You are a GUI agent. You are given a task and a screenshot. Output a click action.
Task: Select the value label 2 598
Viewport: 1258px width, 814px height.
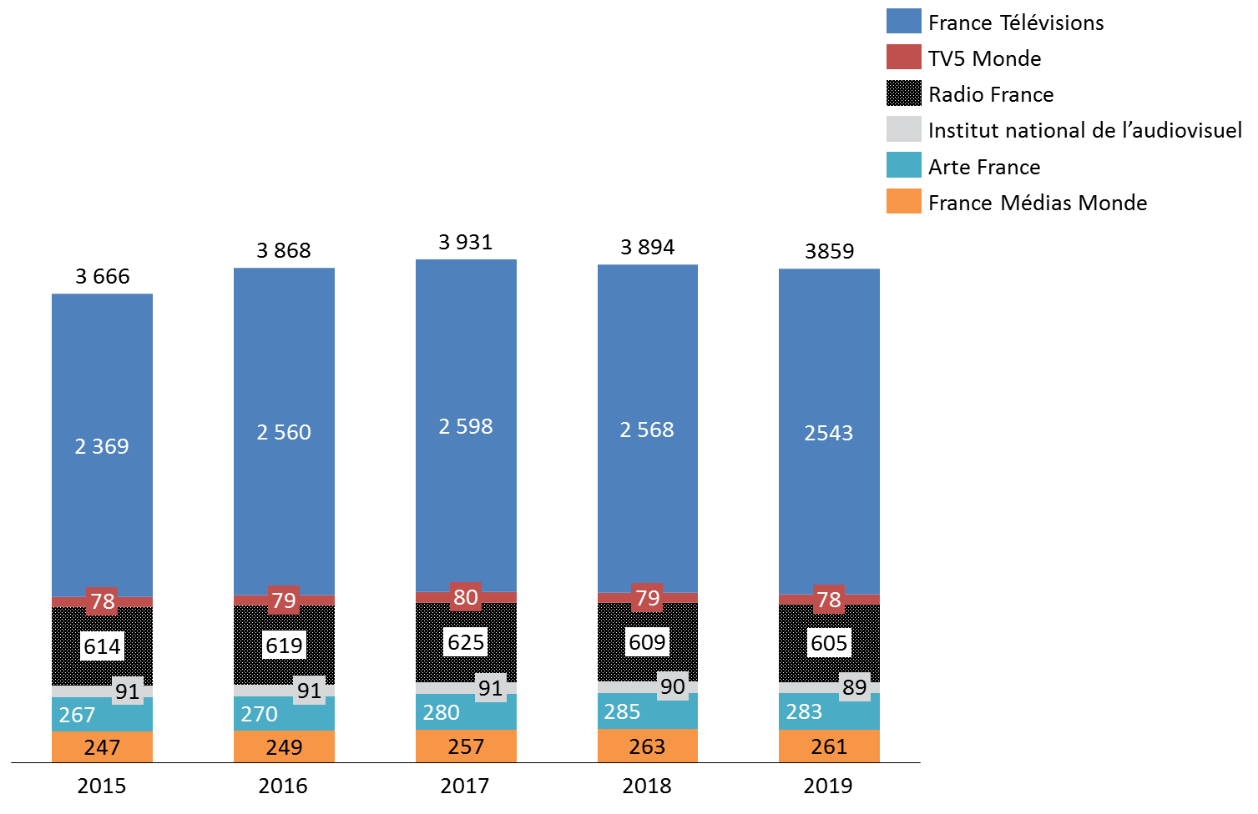coord(466,427)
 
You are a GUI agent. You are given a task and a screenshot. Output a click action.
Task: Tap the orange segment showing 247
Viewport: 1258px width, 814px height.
coord(102,747)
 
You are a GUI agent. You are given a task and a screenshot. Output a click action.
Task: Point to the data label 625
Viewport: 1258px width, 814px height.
coord(466,642)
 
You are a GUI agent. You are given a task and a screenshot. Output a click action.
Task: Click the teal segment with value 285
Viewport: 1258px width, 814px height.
coord(647,711)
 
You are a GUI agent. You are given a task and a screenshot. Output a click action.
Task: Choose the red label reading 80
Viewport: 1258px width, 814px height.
coord(466,597)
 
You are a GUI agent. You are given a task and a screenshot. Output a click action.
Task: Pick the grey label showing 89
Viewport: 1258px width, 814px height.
coord(854,687)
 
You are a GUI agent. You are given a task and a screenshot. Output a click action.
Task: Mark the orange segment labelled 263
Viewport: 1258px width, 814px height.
coord(647,746)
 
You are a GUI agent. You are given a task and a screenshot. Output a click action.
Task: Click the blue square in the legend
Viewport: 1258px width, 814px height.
coord(904,21)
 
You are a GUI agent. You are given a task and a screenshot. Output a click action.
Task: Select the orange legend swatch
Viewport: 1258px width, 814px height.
coord(904,201)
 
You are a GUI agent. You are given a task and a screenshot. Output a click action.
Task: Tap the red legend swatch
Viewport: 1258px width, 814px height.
coord(904,57)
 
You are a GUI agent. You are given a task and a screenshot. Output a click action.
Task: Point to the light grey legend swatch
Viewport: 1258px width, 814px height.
coord(904,128)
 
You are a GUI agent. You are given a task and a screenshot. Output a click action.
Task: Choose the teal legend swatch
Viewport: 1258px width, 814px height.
coord(904,165)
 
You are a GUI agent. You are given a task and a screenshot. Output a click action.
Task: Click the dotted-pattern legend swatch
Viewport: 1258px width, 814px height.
coord(904,93)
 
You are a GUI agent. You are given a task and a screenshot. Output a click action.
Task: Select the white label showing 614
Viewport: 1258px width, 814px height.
coord(102,646)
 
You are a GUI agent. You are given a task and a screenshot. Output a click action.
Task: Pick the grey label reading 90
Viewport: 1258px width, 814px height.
coord(672,686)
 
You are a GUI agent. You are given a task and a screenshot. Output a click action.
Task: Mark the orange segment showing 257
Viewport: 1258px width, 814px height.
coord(466,746)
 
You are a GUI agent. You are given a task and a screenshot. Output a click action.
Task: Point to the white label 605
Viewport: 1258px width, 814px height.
coord(829,643)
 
